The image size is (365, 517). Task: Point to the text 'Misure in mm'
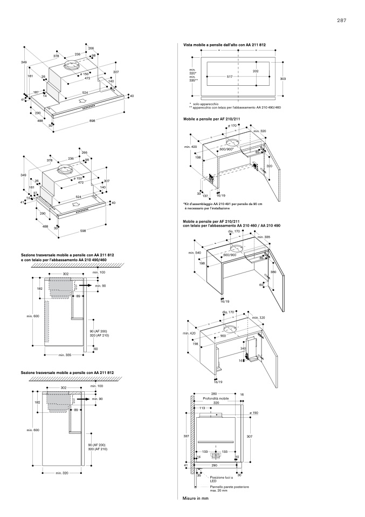(195, 498)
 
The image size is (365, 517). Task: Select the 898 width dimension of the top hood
(92, 121)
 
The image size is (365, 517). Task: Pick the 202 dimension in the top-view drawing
(256, 71)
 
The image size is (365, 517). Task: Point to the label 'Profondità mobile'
(216, 398)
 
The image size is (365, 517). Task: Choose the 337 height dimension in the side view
(186, 435)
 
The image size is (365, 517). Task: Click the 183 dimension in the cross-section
(39, 289)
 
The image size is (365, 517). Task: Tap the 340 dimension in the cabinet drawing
(243, 349)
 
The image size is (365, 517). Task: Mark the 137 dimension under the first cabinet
(205, 195)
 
